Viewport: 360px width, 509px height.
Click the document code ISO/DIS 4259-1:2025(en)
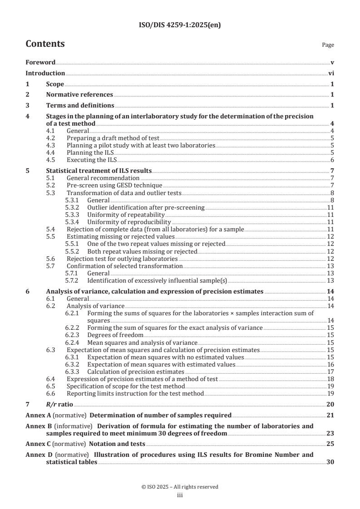click(180, 25)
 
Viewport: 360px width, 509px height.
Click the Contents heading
click(45, 44)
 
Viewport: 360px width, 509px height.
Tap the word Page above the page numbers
click(328, 45)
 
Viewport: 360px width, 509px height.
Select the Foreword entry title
click(40, 62)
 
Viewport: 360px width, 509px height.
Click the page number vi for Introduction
click(331, 73)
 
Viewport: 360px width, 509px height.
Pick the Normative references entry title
click(79, 94)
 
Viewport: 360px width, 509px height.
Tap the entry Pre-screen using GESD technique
click(114, 185)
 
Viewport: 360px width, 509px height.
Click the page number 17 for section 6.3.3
click(330, 372)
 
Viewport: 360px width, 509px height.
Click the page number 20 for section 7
click(330, 404)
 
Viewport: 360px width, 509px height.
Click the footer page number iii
click(180, 495)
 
